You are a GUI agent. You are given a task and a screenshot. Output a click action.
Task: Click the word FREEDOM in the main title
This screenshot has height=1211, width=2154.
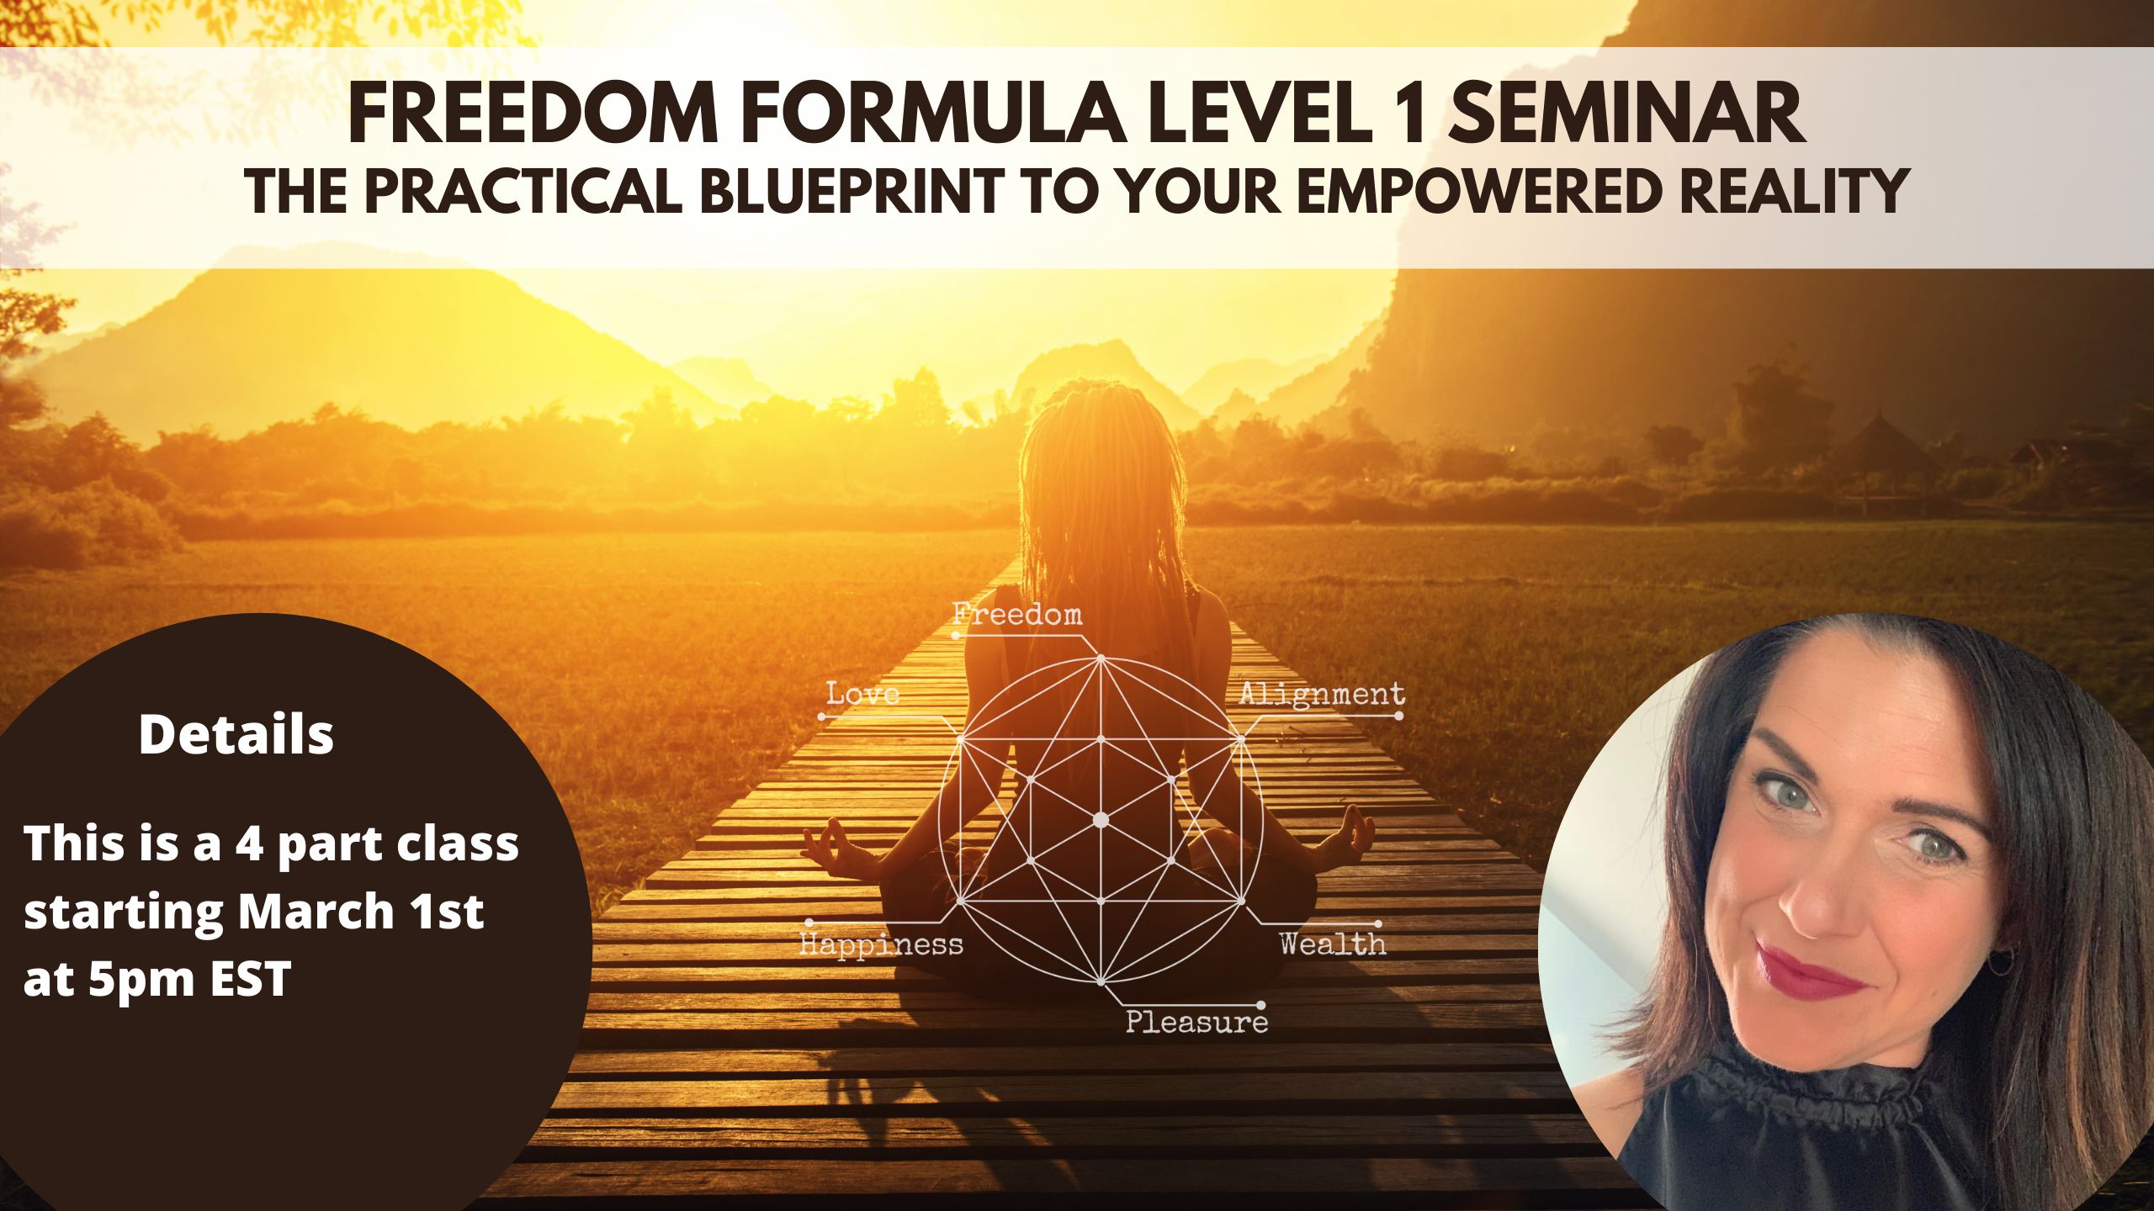[x=533, y=114]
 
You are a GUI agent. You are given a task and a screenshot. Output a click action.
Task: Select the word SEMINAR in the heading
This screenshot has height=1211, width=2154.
[x=1628, y=114]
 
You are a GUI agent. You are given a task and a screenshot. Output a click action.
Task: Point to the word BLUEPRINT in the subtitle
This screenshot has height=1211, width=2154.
[x=852, y=191]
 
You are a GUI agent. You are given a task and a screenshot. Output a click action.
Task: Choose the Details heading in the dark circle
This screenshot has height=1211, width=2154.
[x=236, y=734]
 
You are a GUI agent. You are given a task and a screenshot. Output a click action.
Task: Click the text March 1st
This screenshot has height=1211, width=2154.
[x=361, y=912]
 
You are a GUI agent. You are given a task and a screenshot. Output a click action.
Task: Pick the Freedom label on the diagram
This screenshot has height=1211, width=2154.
[x=1017, y=614]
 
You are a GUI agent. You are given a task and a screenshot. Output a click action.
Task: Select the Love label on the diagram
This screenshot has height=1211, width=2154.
[x=863, y=694]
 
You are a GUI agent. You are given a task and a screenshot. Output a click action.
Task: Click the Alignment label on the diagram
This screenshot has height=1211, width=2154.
[x=1322, y=695]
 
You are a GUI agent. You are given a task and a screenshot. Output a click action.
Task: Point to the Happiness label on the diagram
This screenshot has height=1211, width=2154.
[x=881, y=945]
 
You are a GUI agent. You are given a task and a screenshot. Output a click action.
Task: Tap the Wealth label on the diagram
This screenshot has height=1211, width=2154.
[x=1333, y=944]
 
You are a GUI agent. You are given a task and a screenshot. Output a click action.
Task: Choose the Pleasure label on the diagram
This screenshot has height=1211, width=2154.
[x=1196, y=1022]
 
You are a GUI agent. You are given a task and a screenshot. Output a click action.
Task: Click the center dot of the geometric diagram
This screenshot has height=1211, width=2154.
[x=1101, y=820]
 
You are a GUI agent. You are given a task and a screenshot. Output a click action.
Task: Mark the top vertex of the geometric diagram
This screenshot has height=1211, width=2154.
[x=1101, y=658]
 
